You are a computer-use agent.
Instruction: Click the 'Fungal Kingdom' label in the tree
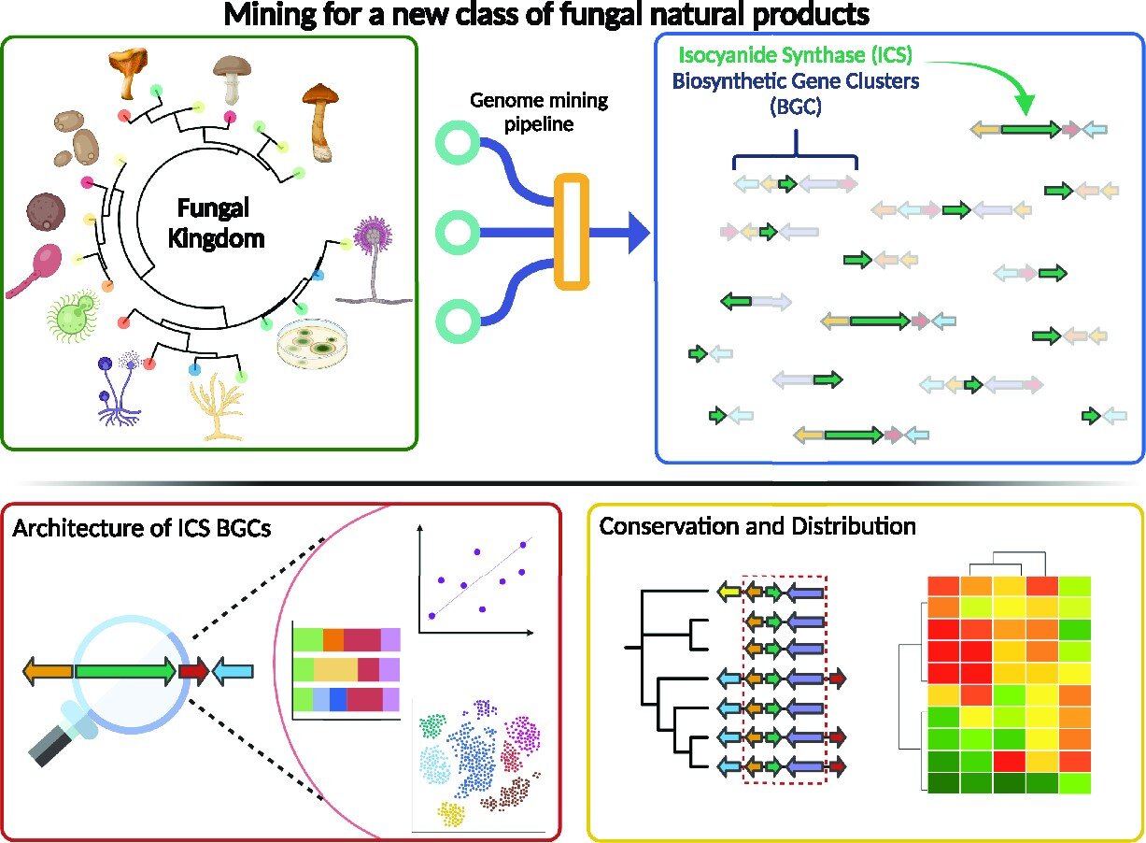tap(215, 223)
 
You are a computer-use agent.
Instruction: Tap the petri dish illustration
tap(318, 347)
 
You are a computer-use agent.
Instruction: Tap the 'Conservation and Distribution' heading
tap(757, 526)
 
